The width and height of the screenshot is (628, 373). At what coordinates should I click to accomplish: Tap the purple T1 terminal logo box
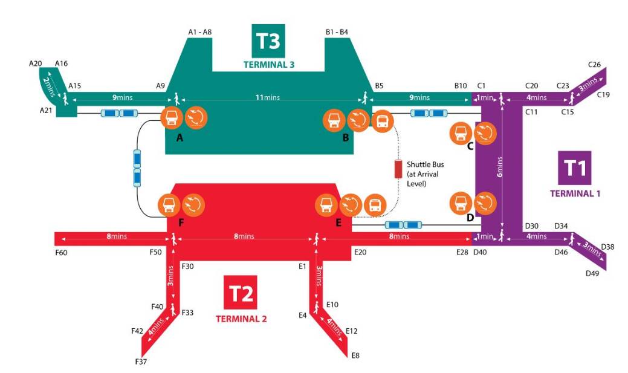click(x=575, y=167)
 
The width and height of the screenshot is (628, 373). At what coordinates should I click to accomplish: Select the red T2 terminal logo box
click(x=241, y=293)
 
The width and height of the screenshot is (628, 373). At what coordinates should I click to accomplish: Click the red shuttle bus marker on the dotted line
click(x=398, y=169)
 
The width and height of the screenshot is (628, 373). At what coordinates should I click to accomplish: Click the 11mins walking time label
click(x=270, y=97)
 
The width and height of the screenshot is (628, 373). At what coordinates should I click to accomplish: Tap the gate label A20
click(x=34, y=63)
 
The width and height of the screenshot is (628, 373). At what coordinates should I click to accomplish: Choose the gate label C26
click(x=594, y=64)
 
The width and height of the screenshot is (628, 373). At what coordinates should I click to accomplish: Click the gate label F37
click(x=140, y=362)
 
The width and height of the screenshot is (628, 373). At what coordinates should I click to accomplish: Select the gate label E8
click(x=356, y=355)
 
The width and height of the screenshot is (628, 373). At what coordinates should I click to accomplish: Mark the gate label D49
click(x=592, y=273)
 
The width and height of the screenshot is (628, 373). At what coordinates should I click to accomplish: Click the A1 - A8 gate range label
click(x=199, y=33)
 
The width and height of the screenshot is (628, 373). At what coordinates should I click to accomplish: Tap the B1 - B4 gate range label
click(x=337, y=33)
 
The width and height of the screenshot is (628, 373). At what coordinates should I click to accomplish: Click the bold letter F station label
click(x=181, y=222)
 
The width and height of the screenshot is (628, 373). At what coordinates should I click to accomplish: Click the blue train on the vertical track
click(x=137, y=169)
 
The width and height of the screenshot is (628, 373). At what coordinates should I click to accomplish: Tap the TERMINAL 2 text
click(x=241, y=318)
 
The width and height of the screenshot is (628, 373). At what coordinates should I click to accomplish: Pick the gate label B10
click(x=461, y=86)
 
